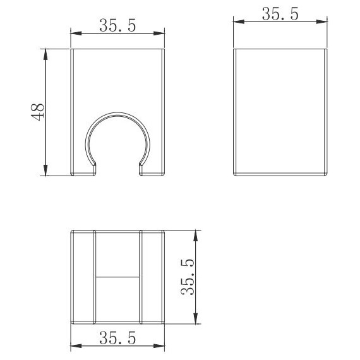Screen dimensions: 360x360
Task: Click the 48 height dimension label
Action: [x=38, y=112]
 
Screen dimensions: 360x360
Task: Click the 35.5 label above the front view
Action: [x=117, y=25]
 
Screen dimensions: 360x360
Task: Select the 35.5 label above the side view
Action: [x=280, y=14]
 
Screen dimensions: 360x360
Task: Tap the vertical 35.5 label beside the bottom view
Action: [x=188, y=277]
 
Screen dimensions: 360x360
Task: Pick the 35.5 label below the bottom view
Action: [x=117, y=338]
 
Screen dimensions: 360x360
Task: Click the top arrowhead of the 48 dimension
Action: [x=45, y=55]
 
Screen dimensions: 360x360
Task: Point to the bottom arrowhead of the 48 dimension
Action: [x=45, y=170]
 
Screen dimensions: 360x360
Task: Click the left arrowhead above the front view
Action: [x=76, y=33]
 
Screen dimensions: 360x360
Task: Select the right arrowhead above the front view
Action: [x=159, y=33]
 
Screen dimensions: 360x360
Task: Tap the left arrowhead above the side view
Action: [x=239, y=22]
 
